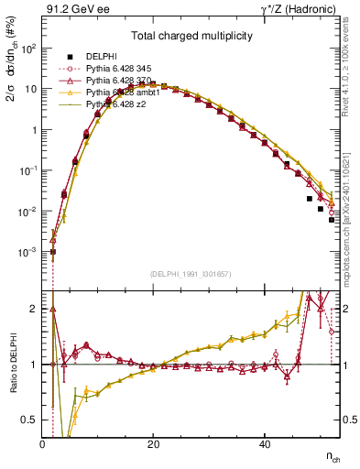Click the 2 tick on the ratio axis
click(x=34, y=309)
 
